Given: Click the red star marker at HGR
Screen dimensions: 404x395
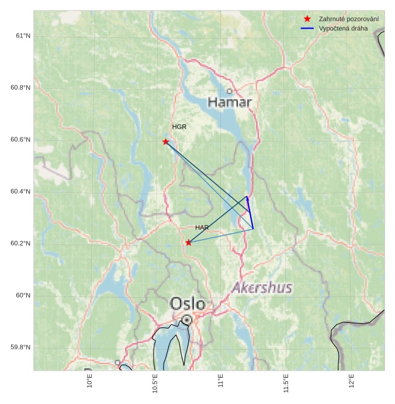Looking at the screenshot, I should (166, 141).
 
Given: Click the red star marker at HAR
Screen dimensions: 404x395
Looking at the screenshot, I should (188, 243).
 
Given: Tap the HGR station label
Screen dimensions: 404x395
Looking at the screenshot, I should (179, 127).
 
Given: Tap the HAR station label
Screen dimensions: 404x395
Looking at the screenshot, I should (202, 227).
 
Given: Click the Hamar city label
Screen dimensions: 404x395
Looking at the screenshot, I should (230, 103).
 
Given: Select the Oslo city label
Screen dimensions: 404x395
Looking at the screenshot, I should (188, 304).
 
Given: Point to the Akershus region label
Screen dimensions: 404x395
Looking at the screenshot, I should (262, 288).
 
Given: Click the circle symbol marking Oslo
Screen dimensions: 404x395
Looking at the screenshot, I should (186, 320).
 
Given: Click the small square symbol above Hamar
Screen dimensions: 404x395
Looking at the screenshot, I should (230, 91).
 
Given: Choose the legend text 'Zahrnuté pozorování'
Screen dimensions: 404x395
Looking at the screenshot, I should (348, 19).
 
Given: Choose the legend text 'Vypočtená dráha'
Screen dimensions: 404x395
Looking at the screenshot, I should (343, 28).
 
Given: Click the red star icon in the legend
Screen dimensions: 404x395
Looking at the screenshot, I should (307, 19).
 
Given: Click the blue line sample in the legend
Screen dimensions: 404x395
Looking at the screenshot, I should (307, 28).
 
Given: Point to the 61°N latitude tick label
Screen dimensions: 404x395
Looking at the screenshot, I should (22, 36).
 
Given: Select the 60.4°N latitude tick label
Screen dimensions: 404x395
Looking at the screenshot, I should (20, 192).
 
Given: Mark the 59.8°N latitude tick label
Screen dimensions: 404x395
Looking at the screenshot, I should (20, 347).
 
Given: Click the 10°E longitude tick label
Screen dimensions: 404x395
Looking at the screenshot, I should (90, 381).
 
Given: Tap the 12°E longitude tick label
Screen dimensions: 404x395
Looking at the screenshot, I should (352, 381).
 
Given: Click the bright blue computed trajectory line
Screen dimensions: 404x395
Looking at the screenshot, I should (250, 213).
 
